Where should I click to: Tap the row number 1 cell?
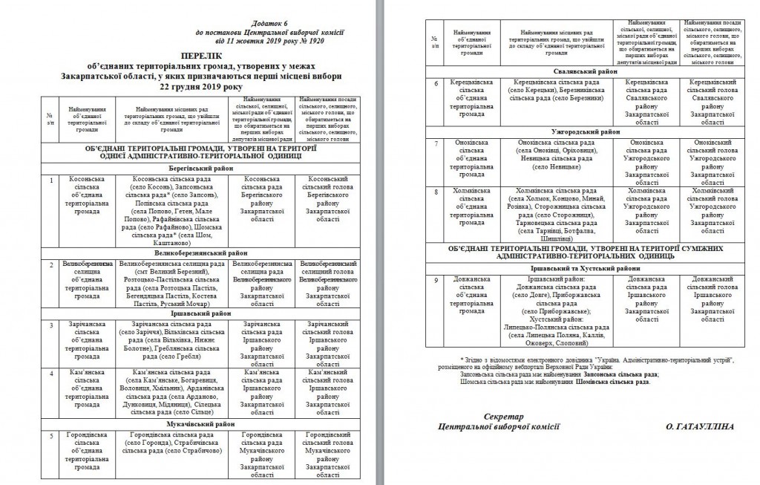(50, 180)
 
